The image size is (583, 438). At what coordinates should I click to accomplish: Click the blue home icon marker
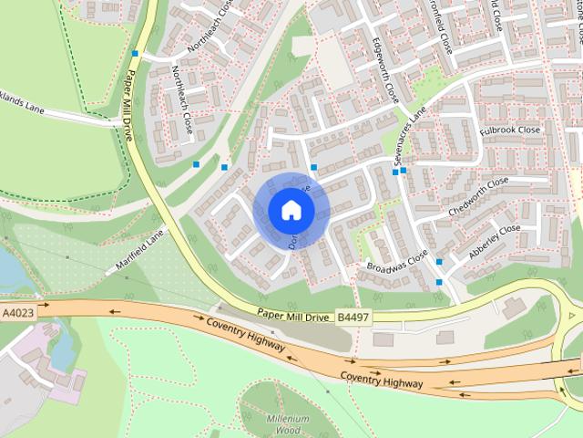click(x=291, y=211)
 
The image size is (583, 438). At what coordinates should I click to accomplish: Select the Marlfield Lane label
click(x=138, y=253)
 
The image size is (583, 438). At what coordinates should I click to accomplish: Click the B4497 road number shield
click(x=353, y=317)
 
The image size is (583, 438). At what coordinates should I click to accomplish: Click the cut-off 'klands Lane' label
click(x=22, y=108)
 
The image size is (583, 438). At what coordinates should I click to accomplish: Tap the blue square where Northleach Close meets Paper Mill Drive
click(x=135, y=54)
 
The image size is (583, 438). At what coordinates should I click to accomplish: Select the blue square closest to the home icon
click(x=313, y=168)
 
